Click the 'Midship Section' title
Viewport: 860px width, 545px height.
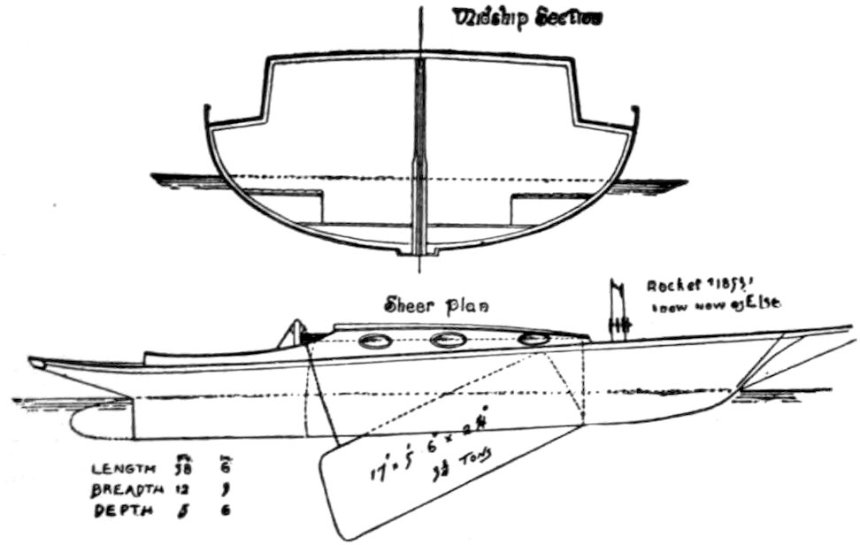[x=527, y=18]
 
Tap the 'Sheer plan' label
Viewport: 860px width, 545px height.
[x=436, y=306]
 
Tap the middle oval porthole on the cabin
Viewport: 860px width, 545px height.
[x=448, y=339]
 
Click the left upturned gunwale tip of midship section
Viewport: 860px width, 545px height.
[x=208, y=113]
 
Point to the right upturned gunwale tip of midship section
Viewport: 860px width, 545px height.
[x=634, y=113]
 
